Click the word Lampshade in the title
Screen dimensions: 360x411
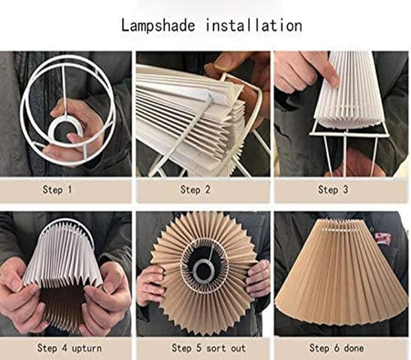(159, 25)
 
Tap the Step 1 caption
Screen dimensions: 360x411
(57, 190)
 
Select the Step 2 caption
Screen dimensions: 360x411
(195, 190)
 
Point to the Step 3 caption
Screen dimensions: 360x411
(333, 190)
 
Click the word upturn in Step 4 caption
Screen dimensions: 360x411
(81, 348)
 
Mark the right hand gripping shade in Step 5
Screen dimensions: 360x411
(258, 278)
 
